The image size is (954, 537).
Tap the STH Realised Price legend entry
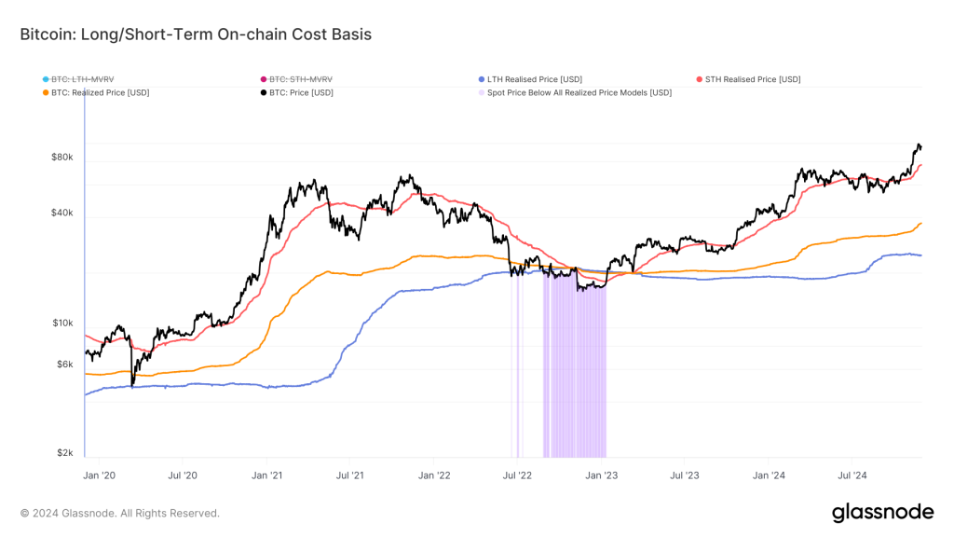754,79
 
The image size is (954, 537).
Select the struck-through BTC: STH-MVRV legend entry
301,79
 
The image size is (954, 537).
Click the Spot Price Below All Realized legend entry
579,92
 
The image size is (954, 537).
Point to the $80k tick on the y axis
61,158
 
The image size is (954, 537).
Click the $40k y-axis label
61,213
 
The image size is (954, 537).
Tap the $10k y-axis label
61,323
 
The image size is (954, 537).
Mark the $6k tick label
63,364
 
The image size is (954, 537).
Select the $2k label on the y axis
63,452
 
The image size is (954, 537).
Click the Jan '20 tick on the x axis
98,475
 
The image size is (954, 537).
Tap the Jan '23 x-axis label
601,475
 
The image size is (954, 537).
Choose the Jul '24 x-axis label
854,475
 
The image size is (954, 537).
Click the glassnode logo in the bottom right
881,512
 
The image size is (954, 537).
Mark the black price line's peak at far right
919,145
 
